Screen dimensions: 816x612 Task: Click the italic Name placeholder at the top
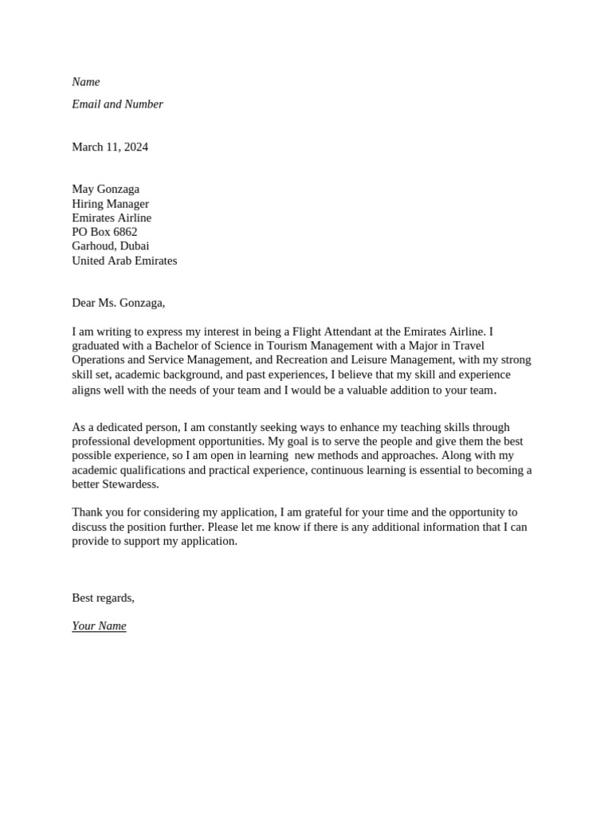click(x=86, y=82)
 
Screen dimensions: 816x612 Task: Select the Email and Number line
click(x=117, y=104)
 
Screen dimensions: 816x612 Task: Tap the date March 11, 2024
click(x=110, y=147)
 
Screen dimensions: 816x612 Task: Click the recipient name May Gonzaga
click(x=105, y=189)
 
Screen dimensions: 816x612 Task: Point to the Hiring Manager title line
click(x=111, y=203)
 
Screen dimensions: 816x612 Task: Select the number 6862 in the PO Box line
click(x=125, y=232)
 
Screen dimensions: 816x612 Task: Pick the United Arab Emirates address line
click(x=124, y=261)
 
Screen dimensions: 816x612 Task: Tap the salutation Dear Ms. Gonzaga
click(x=118, y=303)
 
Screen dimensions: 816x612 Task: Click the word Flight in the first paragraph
click(x=308, y=331)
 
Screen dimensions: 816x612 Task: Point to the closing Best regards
click(x=103, y=598)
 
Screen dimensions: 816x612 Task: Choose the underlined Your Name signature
click(x=99, y=626)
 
